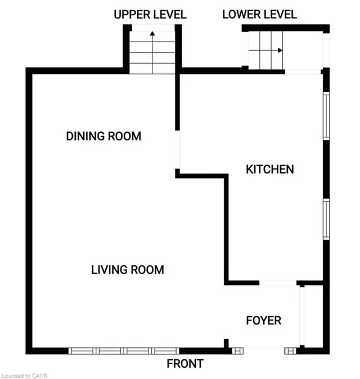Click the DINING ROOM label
point(103,136)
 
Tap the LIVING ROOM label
point(128,270)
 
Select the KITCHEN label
point(269,169)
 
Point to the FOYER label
point(263,320)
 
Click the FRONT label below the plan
point(185,364)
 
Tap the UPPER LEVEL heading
point(150,15)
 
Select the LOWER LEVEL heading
point(259,15)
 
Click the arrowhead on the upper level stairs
point(152,33)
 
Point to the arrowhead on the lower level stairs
point(280,50)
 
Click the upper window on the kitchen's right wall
point(326,116)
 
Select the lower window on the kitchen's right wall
point(326,219)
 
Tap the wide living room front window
point(124,351)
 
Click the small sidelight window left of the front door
point(237,351)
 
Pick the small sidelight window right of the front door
point(290,351)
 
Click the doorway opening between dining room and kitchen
point(177,150)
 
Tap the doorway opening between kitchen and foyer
point(278,283)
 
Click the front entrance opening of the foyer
point(264,351)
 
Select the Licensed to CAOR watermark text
point(25,376)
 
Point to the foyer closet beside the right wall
point(313,316)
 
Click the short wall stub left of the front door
point(226,344)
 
